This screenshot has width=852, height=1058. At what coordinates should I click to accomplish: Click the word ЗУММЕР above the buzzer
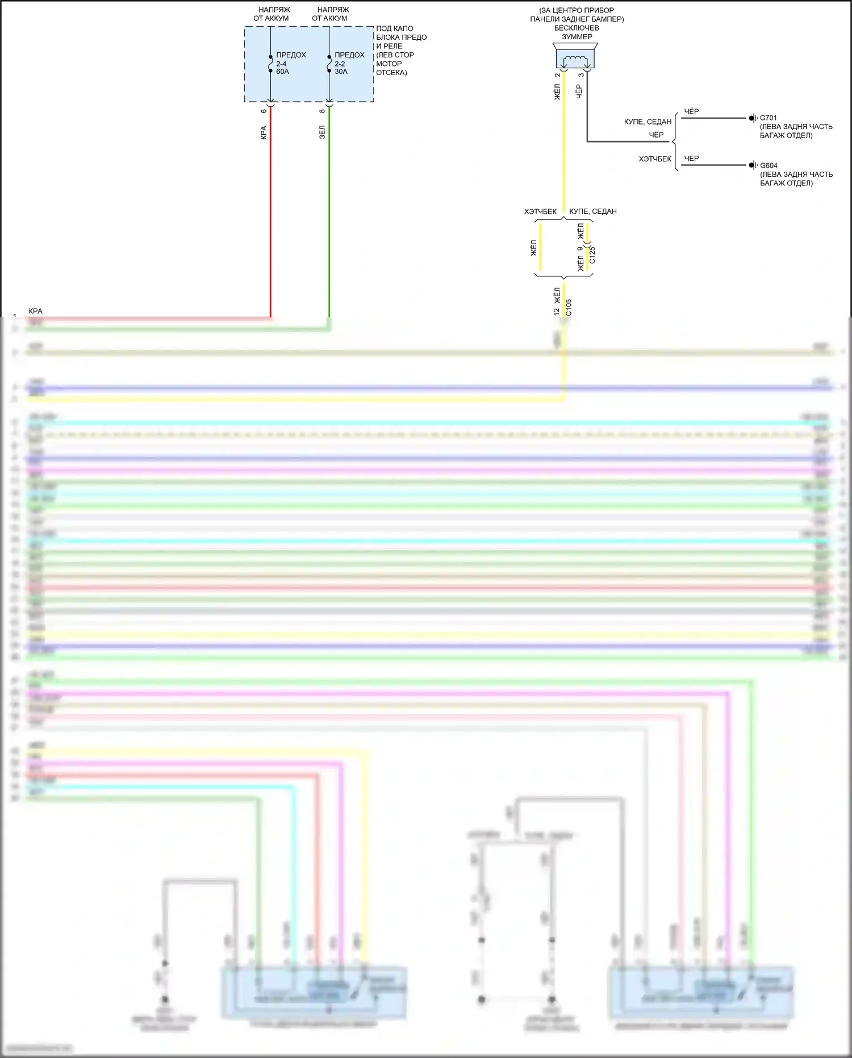point(577,37)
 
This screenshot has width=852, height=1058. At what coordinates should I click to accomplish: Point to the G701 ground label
point(769,118)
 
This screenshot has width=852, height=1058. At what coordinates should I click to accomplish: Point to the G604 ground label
point(769,165)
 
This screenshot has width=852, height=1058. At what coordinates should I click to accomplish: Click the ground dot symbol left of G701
point(751,118)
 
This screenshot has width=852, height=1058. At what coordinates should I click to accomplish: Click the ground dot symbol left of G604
point(751,165)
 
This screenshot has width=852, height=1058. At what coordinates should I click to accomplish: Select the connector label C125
point(592,254)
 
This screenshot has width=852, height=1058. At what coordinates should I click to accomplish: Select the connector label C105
point(569,308)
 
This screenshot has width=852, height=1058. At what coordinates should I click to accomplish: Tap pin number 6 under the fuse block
point(264,111)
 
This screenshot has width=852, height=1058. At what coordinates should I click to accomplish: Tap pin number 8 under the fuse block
point(322,111)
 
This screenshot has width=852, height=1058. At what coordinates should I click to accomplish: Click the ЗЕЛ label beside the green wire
point(322,132)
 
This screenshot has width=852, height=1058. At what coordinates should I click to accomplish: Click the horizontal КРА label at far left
point(35,311)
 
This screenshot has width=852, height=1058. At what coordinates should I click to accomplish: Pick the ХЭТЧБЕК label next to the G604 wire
point(655,159)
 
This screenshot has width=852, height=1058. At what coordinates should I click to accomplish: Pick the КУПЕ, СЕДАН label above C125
point(593,211)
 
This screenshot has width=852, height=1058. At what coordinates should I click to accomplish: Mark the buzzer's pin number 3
point(580,75)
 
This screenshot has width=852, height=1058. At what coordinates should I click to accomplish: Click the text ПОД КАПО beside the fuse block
point(394,28)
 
